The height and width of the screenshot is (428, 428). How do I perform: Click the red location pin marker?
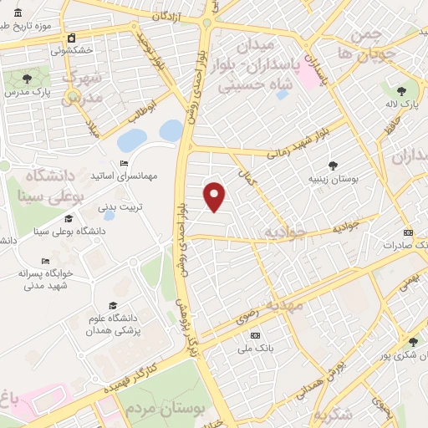(x=216, y=196)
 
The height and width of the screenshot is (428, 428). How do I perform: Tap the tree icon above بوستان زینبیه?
(x=334, y=166)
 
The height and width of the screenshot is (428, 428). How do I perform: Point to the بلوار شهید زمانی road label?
(x=305, y=143)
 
